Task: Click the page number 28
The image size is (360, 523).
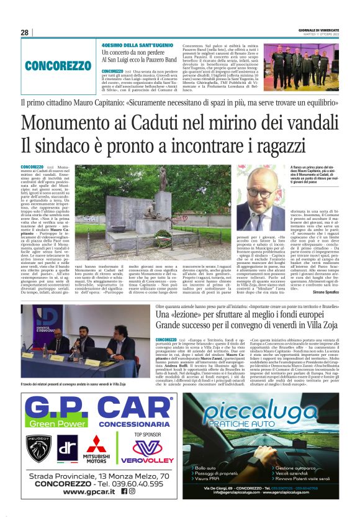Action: pos(24,32)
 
